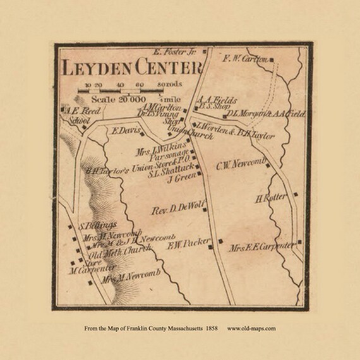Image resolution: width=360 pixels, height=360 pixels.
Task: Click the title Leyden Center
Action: pyautogui.click(x=131, y=68)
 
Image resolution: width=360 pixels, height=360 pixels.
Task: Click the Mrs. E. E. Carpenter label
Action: pyautogui.click(x=261, y=246)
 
